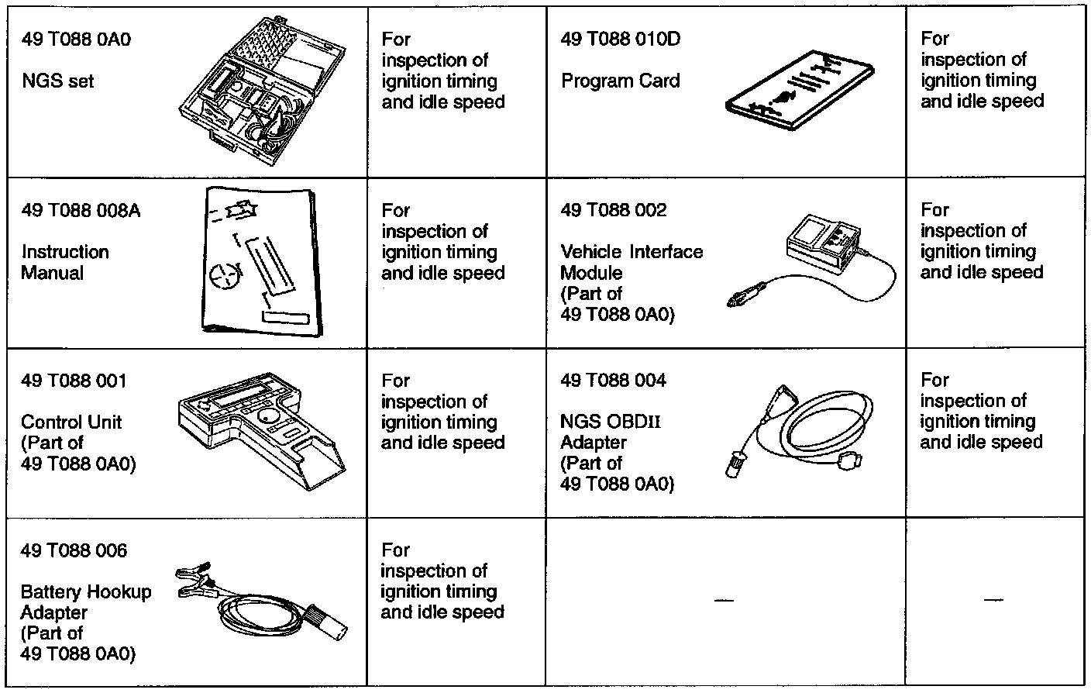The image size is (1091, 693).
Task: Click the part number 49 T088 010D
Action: [620, 39]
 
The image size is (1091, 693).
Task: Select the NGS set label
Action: [57, 81]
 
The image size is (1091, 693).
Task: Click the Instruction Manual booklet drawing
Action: [258, 262]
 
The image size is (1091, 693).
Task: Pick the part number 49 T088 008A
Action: [81, 211]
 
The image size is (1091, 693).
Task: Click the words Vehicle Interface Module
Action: [631, 262]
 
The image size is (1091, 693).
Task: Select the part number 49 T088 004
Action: [613, 381]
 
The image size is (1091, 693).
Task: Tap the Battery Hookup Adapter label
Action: [86, 602]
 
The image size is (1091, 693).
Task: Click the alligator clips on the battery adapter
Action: [193, 582]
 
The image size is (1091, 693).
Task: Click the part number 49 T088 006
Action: [74, 551]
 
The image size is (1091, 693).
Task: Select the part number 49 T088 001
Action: [74, 381]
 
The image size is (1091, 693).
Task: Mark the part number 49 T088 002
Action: [613, 211]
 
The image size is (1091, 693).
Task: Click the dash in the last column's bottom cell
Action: [993, 600]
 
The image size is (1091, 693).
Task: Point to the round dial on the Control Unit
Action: [269, 417]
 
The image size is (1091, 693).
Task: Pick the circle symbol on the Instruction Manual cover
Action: [224, 274]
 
